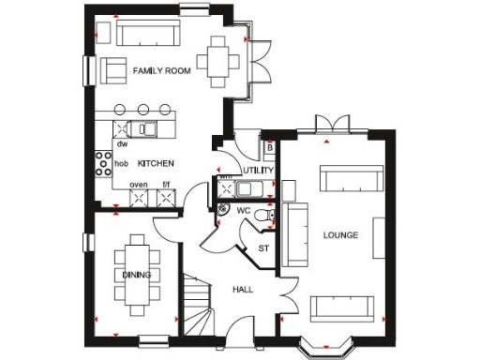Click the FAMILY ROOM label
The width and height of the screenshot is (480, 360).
pyautogui.click(x=162, y=71)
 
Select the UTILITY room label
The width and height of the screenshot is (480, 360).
pyautogui.click(x=256, y=171)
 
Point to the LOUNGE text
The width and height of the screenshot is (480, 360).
pyautogui.click(x=339, y=233)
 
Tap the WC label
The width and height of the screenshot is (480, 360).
pyautogui.click(x=242, y=210)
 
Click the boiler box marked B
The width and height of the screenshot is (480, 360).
pyautogui.click(x=269, y=147)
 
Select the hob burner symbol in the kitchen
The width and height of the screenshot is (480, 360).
pyautogui.click(x=101, y=163)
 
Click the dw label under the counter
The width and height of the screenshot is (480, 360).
pyautogui.click(x=122, y=143)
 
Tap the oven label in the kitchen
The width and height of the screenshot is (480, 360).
pyautogui.click(x=139, y=185)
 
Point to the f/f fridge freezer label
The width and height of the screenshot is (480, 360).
pyautogui.click(x=166, y=185)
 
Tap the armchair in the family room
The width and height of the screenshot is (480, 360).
pyautogui.click(x=114, y=69)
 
